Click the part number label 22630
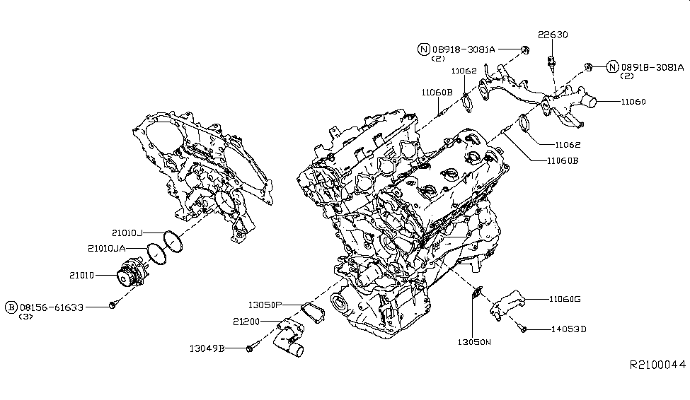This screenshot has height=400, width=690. pyautogui.click(x=553, y=35)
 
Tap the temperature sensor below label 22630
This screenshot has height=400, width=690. pyautogui.click(x=550, y=61)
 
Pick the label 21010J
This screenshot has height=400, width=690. pyautogui.click(x=127, y=233)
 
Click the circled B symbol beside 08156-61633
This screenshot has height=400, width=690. pyautogui.click(x=11, y=307)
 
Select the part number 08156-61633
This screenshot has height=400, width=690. pyautogui.click(x=52, y=307)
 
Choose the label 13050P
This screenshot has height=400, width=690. pyautogui.click(x=265, y=305)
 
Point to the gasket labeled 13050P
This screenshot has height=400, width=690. pyautogui.click(x=311, y=311)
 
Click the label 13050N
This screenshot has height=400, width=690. pyautogui.click(x=473, y=342)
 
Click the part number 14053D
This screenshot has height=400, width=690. pyautogui.click(x=568, y=329)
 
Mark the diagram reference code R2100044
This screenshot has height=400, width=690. pyautogui.click(x=657, y=365)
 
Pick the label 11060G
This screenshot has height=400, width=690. pyautogui.click(x=564, y=299)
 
